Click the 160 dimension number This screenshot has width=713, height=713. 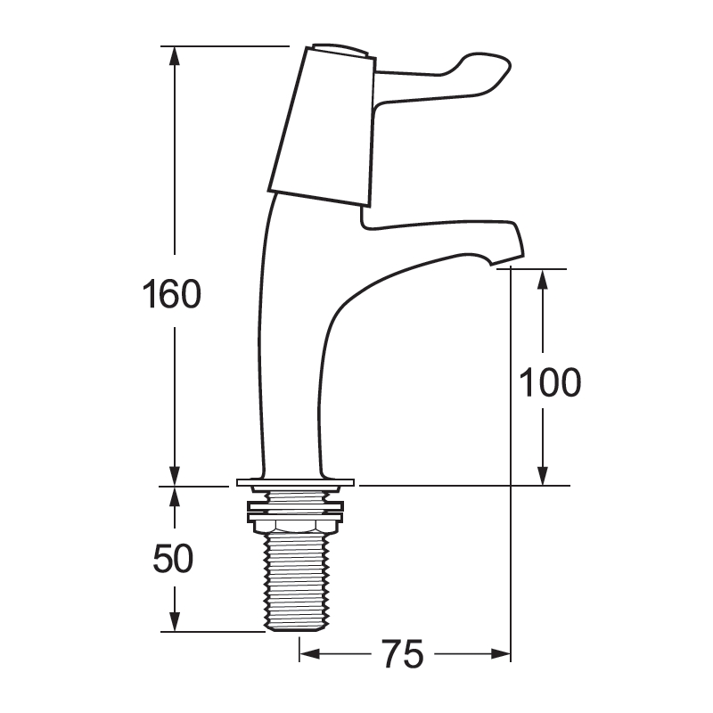172,294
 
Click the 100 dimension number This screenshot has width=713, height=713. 550,382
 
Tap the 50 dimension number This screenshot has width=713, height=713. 173,559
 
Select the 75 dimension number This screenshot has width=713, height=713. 402,655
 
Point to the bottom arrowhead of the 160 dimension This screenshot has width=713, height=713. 176,476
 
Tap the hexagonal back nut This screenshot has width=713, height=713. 297,525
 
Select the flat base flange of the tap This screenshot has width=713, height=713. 297,483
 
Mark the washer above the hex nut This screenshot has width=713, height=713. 297,508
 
